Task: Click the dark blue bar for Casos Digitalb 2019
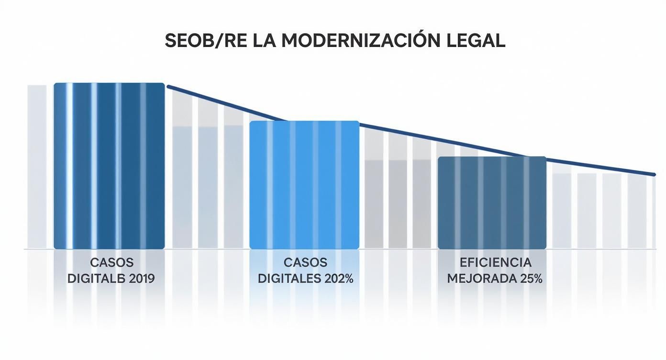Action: [109, 166]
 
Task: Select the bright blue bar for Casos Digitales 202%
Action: [304, 185]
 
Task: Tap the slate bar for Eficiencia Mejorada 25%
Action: [492, 202]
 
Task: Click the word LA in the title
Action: [269, 41]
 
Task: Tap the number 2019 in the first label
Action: [142, 279]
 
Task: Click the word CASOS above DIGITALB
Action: [111, 262]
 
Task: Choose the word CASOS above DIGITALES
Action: [305, 262]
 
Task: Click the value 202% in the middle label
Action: [339, 279]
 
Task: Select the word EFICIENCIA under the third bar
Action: [495, 262]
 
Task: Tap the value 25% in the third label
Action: [531, 279]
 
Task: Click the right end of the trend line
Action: [654, 174]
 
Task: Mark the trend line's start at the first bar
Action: [167, 86]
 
